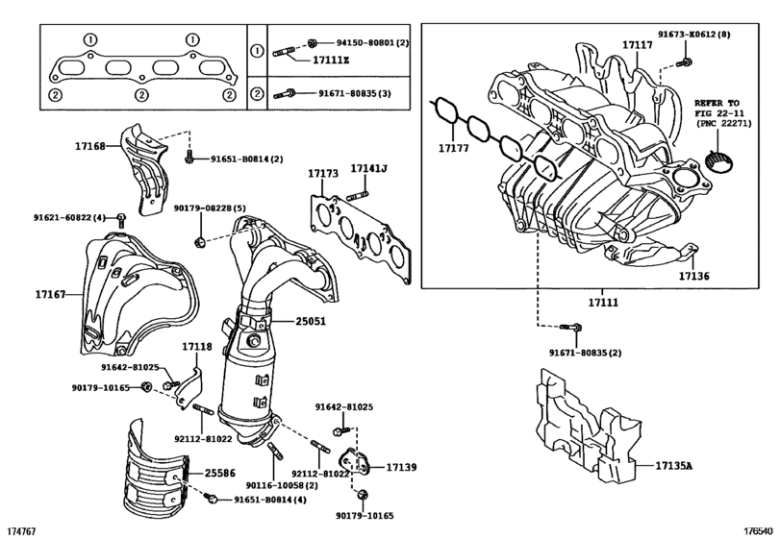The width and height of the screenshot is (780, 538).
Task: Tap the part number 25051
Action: pos(310,322)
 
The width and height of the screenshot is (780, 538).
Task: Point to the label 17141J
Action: pos(367,170)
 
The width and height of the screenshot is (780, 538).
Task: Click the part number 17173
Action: pos(323,173)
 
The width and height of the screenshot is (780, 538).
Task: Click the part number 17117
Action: pos(637,45)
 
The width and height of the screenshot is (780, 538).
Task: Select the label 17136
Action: pos(692,276)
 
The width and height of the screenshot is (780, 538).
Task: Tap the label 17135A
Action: pos(674,466)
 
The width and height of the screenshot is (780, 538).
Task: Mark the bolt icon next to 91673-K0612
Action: pos(683,62)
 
